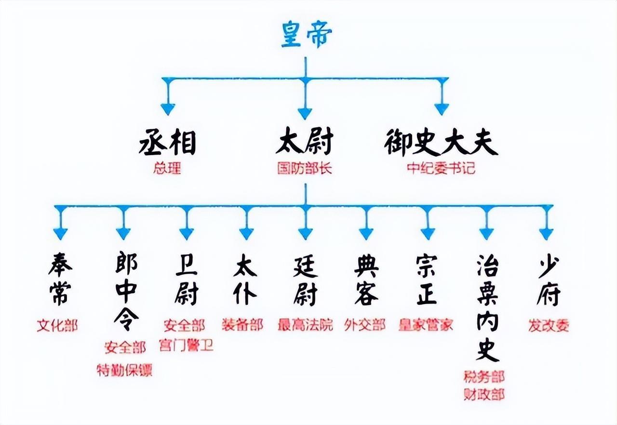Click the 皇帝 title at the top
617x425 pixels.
(306, 35)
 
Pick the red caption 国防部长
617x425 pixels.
(304, 169)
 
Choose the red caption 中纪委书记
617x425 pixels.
(441, 169)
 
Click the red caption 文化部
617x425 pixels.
(57, 325)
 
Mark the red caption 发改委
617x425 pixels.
(549, 325)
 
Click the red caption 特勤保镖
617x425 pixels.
(124, 371)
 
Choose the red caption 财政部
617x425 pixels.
(484, 395)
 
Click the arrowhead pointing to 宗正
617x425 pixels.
(428, 233)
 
